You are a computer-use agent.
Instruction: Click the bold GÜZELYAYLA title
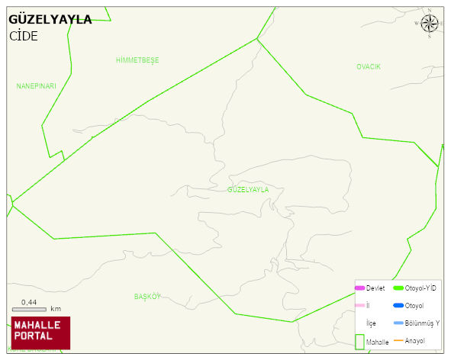50,20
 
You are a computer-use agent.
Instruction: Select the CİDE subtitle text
24,36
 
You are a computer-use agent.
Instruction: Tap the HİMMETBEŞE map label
137,59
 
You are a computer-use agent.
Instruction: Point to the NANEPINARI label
37,86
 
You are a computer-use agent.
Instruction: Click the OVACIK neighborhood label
368,67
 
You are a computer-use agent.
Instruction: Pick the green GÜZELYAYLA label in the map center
248,189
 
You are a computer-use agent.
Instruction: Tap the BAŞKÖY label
148,296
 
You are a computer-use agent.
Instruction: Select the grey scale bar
29,309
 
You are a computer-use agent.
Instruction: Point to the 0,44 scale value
29,302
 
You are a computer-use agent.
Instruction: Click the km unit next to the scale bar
56,309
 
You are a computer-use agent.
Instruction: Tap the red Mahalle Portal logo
40,333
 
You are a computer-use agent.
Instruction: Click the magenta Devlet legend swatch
359,288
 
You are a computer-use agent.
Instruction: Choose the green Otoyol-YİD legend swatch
398,288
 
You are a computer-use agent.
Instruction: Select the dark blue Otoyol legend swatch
398,306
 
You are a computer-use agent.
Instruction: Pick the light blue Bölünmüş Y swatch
398,323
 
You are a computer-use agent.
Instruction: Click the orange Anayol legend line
398,339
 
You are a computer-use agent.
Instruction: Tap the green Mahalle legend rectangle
359,341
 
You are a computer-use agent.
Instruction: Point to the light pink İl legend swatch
359,305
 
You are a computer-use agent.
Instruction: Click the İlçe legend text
371,323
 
